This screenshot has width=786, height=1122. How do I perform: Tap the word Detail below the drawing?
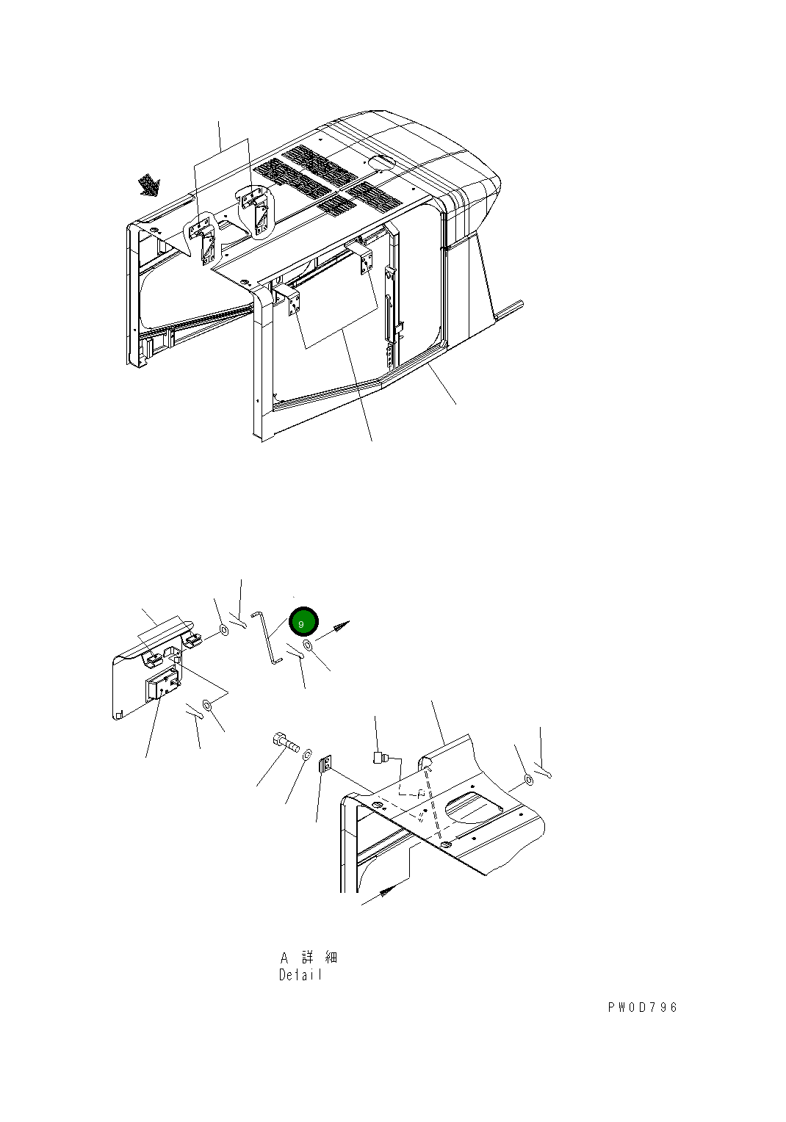pos(300,974)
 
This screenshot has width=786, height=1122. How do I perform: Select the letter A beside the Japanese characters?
pos(284,958)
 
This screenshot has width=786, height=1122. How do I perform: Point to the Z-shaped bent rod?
pos(269,638)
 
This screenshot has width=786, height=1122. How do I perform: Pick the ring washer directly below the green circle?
pos(308,646)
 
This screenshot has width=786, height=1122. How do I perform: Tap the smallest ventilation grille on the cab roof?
pos(338,204)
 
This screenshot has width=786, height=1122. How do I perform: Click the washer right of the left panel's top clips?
pos(225,630)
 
